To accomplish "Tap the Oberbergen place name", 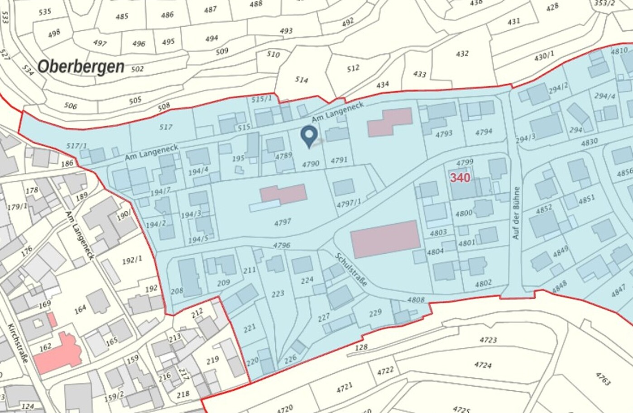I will click(81, 66).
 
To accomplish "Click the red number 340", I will click(460, 178).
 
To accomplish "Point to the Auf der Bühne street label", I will click(516, 213).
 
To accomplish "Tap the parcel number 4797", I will click(283, 222).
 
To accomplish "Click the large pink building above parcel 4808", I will click(386, 239).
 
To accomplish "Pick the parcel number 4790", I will click(311, 164).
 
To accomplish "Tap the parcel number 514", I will click(301, 80).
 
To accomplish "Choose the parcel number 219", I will click(212, 360).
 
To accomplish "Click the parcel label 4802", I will click(483, 284).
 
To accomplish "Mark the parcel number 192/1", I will click(132, 260).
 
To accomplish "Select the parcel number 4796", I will click(281, 246).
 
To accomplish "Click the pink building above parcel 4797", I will click(284, 194).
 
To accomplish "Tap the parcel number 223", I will click(278, 294).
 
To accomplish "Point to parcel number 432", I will click(462, 53).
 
